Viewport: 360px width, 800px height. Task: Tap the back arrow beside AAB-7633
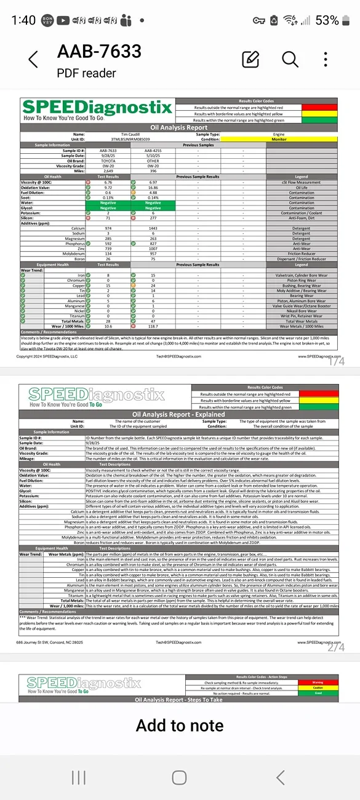click(x=33, y=60)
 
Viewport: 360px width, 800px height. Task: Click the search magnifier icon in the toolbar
click(x=290, y=59)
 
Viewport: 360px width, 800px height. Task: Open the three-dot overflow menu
click(x=326, y=59)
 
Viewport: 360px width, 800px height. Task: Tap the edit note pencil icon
click(x=250, y=59)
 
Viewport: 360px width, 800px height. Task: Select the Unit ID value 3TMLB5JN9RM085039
click(x=108, y=139)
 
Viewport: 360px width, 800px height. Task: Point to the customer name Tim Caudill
click(x=108, y=134)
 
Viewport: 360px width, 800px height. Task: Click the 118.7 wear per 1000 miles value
click(x=153, y=326)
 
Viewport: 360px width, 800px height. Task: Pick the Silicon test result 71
click(x=108, y=218)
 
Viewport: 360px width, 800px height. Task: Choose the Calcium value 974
click(x=108, y=228)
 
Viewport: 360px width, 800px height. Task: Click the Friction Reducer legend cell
click(x=302, y=253)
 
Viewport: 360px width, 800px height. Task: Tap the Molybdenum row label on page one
click(x=73, y=253)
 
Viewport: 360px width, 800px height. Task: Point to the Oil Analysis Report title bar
click(x=180, y=128)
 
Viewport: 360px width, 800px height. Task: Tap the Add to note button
click(x=180, y=725)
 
